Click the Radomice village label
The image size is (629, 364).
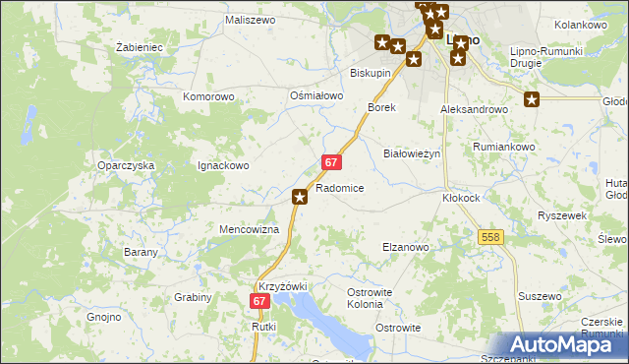(340, 188)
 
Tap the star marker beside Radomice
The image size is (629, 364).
(300, 198)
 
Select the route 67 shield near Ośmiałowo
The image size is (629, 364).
(331, 161)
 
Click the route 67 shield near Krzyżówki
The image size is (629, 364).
(259, 302)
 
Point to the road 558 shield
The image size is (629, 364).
(491, 237)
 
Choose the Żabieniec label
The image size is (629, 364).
(139, 47)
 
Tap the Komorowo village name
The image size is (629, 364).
(208, 97)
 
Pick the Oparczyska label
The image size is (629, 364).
(126, 166)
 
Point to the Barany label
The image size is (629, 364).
(142, 253)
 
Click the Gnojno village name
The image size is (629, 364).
(103, 318)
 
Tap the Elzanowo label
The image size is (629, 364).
(405, 247)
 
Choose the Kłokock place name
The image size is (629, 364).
(461, 197)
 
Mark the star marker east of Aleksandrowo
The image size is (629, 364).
(532, 99)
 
